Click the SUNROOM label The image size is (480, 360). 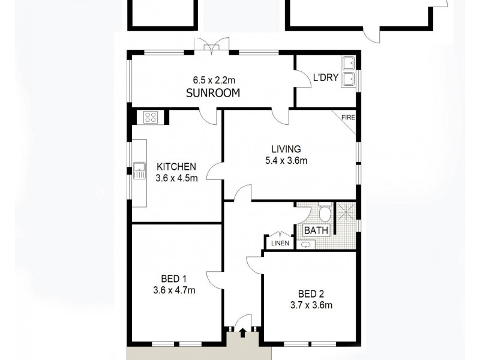point(213,93)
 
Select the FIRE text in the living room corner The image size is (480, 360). point(348,118)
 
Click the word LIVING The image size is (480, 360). point(285,149)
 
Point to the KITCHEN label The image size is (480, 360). point(176,166)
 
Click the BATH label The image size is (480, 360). point(315,230)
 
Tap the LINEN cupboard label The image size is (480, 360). point(280,243)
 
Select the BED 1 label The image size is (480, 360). point(174,278)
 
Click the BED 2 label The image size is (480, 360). point(311,293)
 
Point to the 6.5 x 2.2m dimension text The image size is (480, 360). point(213,80)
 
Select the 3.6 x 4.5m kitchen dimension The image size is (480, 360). point(177,178)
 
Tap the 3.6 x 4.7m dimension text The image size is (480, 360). point(175,290)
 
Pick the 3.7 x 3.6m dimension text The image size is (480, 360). point(311,305)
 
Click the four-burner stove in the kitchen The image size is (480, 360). point(151,117)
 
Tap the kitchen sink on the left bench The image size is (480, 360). point(139,171)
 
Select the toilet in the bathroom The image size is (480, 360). point(324,213)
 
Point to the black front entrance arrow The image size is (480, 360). point(242,331)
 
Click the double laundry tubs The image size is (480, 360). point(348,71)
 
